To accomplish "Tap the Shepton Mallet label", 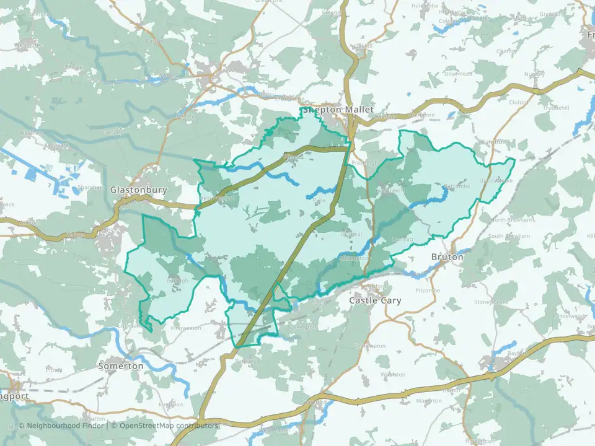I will pyautogui.click(x=338, y=110).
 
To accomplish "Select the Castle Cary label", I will pyautogui.click(x=375, y=300).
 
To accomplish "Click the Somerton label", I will pyautogui.click(x=121, y=366).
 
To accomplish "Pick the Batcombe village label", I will pyautogui.click(x=458, y=185).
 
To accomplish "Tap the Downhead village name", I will pyautogui.click(x=458, y=74).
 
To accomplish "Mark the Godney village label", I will pyautogui.click(x=96, y=132).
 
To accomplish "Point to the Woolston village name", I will pyautogui.click(x=392, y=375).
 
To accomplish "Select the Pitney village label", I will pyautogui.click(x=54, y=370).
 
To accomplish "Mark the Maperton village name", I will pyautogui.click(x=429, y=401).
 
